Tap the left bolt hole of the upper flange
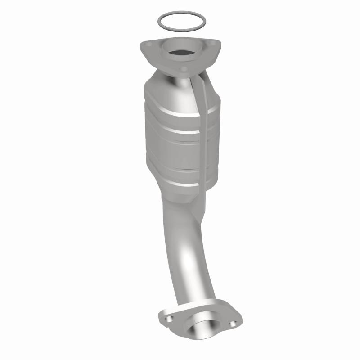pyautogui.click(x=150, y=45)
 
